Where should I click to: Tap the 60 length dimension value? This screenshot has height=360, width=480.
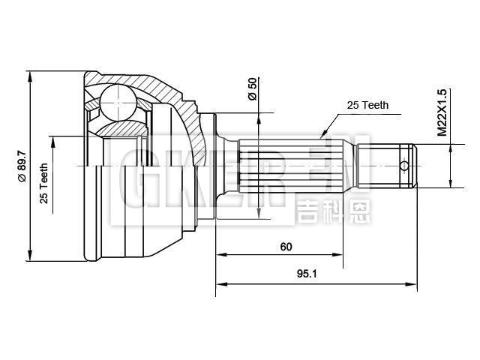pos(286,246)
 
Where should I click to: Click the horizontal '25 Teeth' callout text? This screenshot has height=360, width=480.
pos(367,106)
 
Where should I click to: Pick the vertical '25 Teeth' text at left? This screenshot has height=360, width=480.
pos(44,183)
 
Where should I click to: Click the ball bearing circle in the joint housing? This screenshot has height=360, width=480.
pos(118,101)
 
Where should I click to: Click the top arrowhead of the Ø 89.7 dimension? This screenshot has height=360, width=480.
pos(30,76)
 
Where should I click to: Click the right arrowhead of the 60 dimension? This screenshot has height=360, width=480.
pos(341,256)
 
